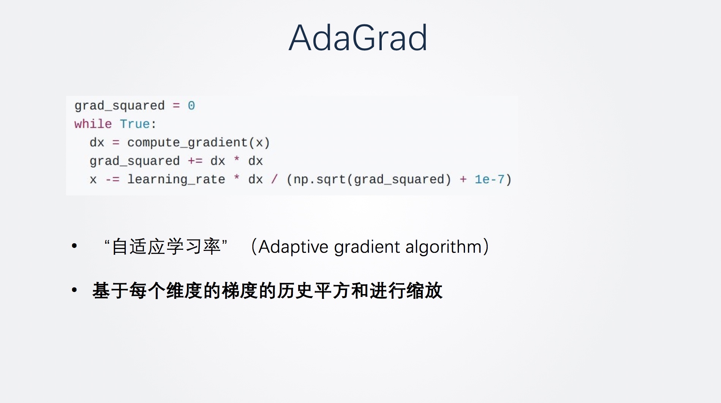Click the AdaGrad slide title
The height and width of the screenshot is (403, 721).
(x=358, y=38)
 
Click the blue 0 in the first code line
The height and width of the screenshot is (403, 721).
(x=191, y=105)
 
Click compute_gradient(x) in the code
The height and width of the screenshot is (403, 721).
(x=198, y=143)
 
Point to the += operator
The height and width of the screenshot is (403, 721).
(x=195, y=161)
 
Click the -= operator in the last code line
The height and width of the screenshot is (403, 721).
(x=112, y=179)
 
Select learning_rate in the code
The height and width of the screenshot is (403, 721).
(x=176, y=179)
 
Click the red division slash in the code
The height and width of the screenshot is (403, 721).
(x=274, y=179)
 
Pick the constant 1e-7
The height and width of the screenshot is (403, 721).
(x=489, y=179)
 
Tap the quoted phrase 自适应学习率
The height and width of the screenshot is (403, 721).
(x=166, y=246)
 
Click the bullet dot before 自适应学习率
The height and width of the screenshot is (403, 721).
(x=74, y=246)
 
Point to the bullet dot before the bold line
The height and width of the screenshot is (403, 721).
(x=74, y=290)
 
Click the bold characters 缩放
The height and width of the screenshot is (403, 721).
(x=424, y=291)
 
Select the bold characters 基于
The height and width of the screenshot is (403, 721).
(x=111, y=291)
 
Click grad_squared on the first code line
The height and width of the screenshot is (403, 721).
(x=120, y=105)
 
